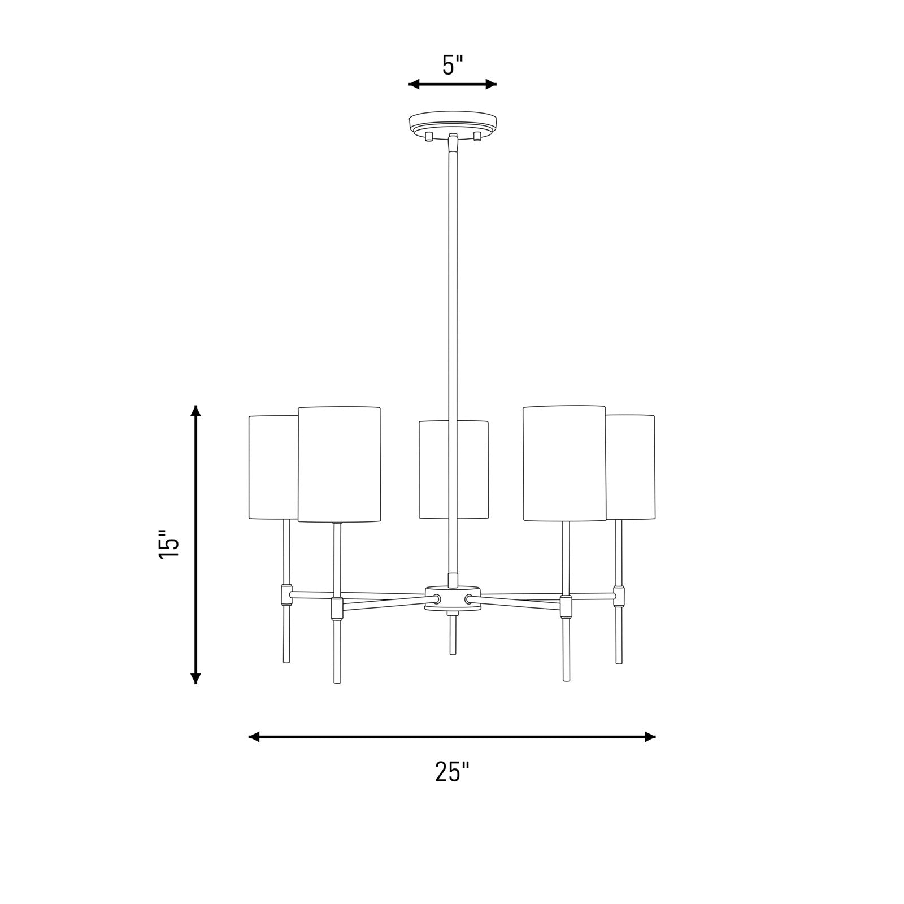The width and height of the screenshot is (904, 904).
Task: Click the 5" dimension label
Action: (x=453, y=65)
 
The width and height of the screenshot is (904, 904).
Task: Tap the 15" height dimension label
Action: (x=169, y=545)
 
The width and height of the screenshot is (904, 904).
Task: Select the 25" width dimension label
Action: (x=452, y=771)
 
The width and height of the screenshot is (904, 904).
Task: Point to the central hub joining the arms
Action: (x=452, y=598)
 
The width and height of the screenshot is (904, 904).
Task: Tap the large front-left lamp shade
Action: (x=339, y=464)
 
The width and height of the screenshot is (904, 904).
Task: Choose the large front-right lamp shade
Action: (x=564, y=463)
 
